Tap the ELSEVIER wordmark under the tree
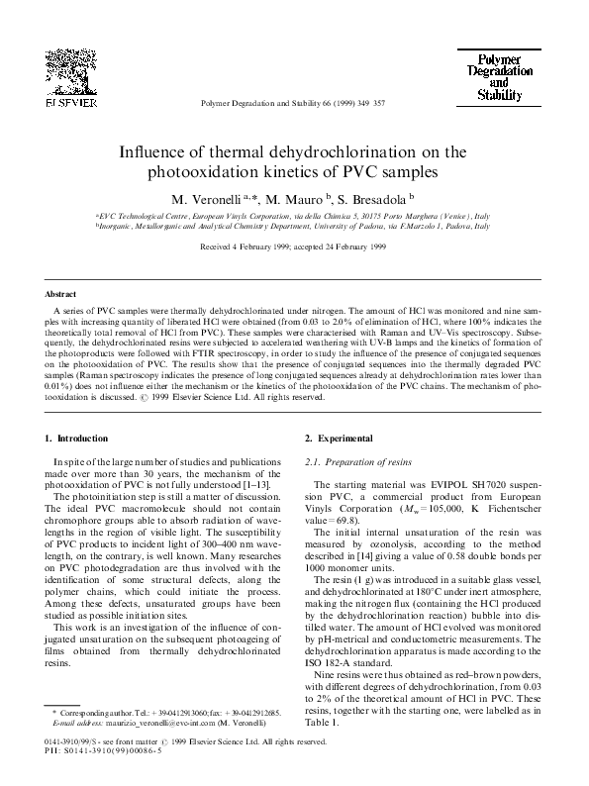click(x=70, y=101)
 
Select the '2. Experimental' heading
click(x=340, y=438)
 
